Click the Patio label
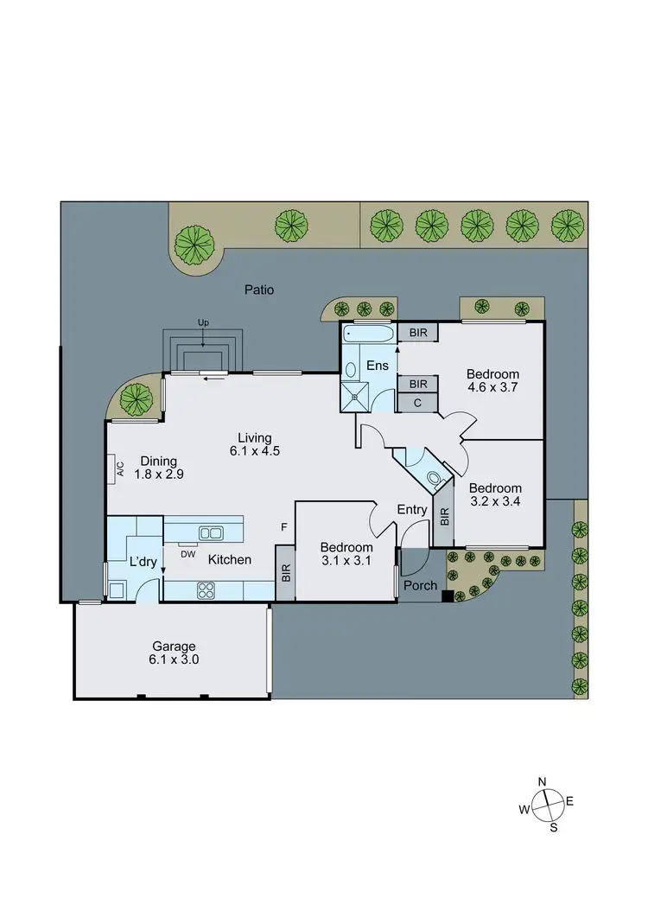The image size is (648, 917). click(x=258, y=290)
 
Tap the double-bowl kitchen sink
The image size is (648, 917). click(x=211, y=532)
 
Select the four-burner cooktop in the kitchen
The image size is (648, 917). click(x=207, y=590)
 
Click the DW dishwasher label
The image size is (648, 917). click(x=187, y=554)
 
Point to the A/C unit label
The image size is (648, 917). click(x=120, y=468)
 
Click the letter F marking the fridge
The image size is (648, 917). click(x=283, y=526)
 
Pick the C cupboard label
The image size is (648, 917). click(x=417, y=402)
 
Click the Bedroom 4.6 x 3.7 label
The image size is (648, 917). click(x=492, y=380)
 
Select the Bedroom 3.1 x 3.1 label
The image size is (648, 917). click(x=346, y=554)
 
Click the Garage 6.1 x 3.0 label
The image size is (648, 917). click(x=175, y=653)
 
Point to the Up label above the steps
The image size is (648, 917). click(x=203, y=322)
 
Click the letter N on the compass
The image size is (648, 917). click(x=543, y=782)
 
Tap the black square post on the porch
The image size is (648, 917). click(x=447, y=595)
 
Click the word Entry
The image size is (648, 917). click(x=412, y=510)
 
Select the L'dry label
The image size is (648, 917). click(x=143, y=562)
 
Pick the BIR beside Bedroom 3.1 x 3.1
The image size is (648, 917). click(x=285, y=572)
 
